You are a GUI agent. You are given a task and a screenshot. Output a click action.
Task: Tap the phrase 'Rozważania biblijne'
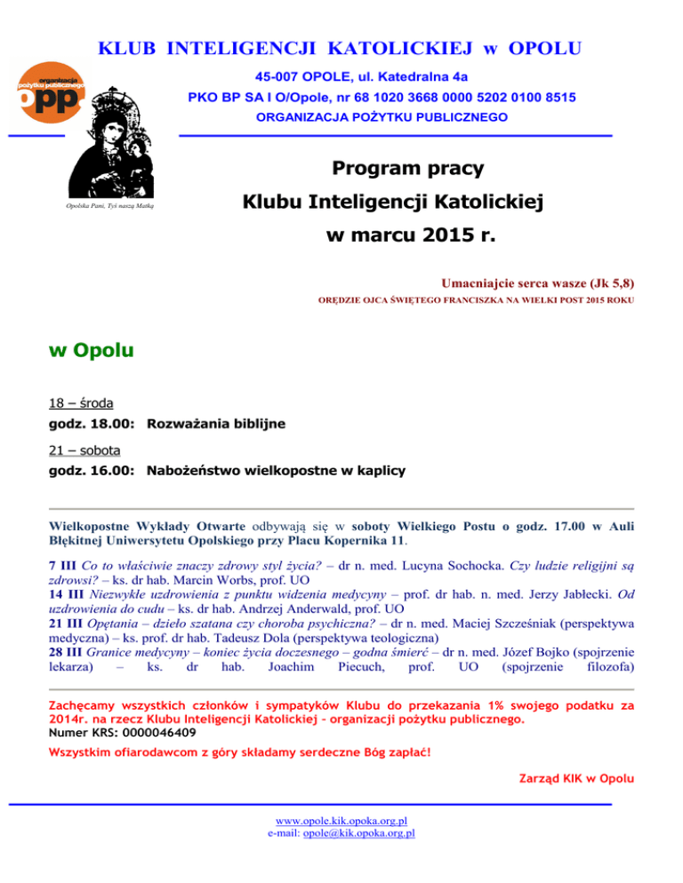click(215, 425)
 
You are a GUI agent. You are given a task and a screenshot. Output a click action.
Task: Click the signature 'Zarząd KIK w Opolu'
click(576, 779)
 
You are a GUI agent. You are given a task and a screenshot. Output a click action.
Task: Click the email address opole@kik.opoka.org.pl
click(359, 833)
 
